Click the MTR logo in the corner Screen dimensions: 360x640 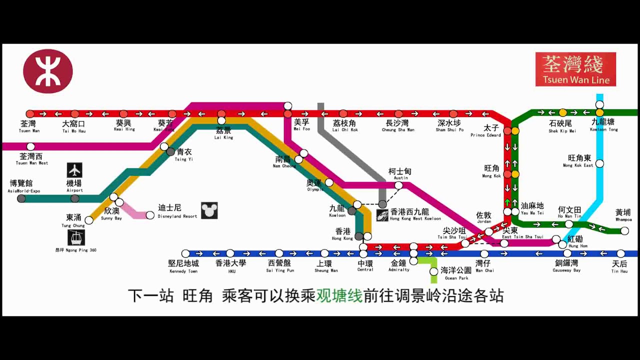[x=48, y=71]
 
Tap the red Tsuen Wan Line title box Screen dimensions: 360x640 [x=575, y=69]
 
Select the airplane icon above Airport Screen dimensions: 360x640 [x=74, y=170]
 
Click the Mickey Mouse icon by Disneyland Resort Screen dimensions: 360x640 [x=209, y=210]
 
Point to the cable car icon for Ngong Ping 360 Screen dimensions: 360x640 [x=76, y=237]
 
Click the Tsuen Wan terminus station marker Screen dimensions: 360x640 [x=30, y=114]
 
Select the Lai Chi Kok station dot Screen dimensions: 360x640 [x=343, y=114]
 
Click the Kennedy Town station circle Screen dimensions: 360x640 [x=185, y=253]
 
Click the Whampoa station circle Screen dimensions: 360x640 [x=624, y=230]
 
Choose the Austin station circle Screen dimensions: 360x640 [x=398, y=185]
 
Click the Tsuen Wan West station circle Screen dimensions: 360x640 [x=31, y=146]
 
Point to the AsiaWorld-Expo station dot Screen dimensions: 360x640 [x=21, y=198]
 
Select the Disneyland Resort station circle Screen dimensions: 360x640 [x=150, y=215]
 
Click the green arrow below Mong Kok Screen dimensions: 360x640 [x=507, y=202]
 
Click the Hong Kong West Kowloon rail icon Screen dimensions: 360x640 [x=382, y=215]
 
